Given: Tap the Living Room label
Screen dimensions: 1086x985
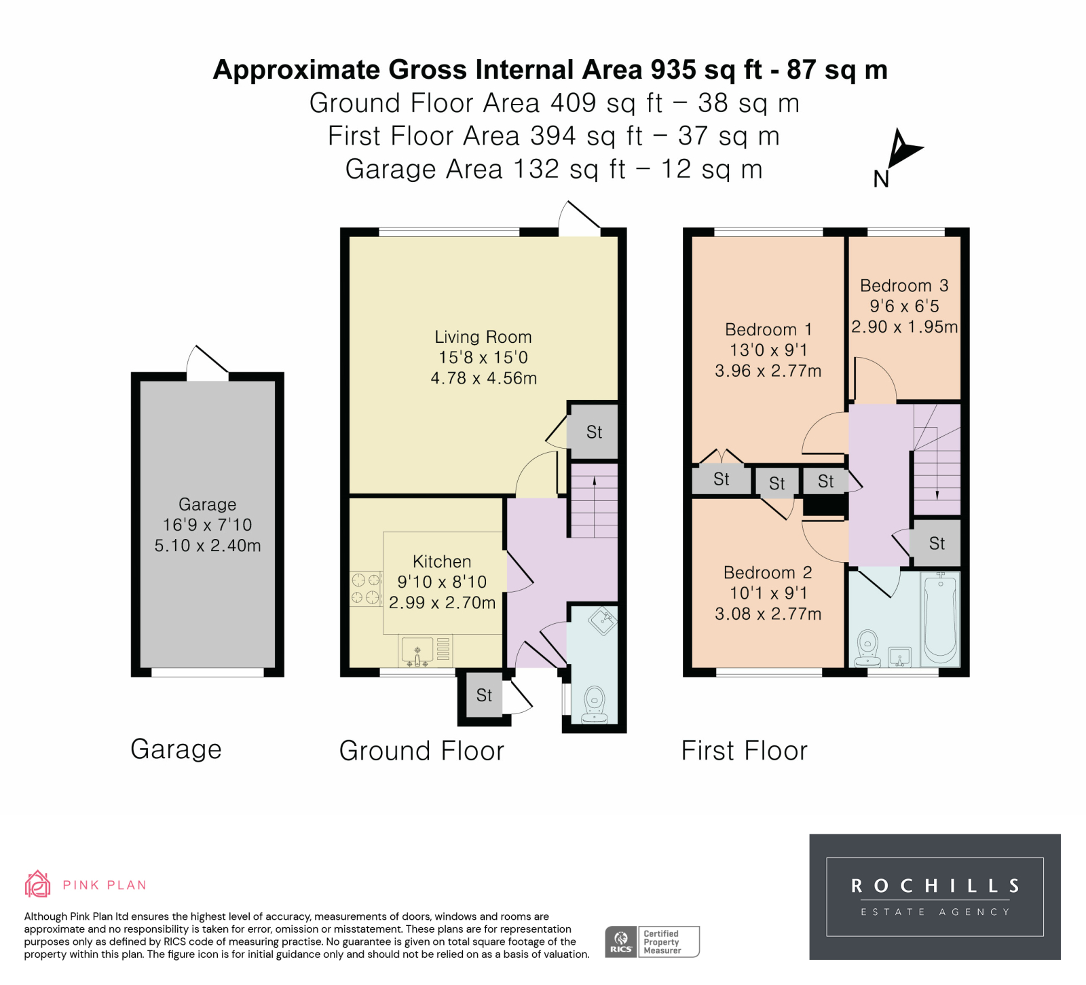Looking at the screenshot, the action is [483, 337].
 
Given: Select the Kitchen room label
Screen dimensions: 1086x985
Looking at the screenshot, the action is [442, 561].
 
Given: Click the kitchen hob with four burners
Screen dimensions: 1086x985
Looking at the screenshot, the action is [366, 589].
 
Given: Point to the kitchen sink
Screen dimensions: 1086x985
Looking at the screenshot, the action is [417, 650].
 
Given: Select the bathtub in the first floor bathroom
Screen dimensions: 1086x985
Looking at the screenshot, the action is [940, 618].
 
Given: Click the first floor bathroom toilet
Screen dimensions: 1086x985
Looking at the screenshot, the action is [867, 648].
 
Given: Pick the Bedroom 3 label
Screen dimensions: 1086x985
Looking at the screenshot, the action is [904, 286].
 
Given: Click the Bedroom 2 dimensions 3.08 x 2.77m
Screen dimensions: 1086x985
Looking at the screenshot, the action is [768, 614].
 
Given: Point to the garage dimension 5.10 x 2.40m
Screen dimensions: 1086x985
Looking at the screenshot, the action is [208, 545].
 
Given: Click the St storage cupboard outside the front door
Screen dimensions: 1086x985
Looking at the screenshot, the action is [484, 695].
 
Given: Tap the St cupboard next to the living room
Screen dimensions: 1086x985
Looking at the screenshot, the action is [594, 432].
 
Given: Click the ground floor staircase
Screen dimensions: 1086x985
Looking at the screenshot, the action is [594, 501].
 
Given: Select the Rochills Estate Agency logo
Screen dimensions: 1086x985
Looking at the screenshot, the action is [935, 897].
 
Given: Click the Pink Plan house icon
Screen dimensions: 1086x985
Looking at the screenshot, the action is [38, 884].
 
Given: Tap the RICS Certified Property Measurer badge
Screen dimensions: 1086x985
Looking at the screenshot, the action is [652, 942].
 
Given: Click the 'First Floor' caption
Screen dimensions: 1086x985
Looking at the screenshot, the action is [745, 751].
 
